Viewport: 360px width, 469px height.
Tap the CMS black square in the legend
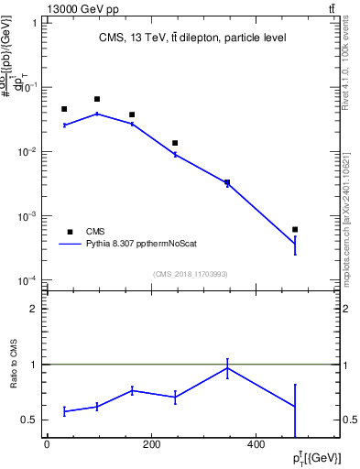coord(69,232)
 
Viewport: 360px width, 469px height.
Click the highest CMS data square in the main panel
coord(97,99)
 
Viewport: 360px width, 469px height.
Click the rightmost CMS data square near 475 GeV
coord(295,229)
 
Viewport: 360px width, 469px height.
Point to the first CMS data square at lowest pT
coord(64,109)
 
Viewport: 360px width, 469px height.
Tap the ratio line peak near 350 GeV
coord(227,368)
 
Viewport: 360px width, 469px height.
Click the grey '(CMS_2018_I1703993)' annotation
coord(190,274)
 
